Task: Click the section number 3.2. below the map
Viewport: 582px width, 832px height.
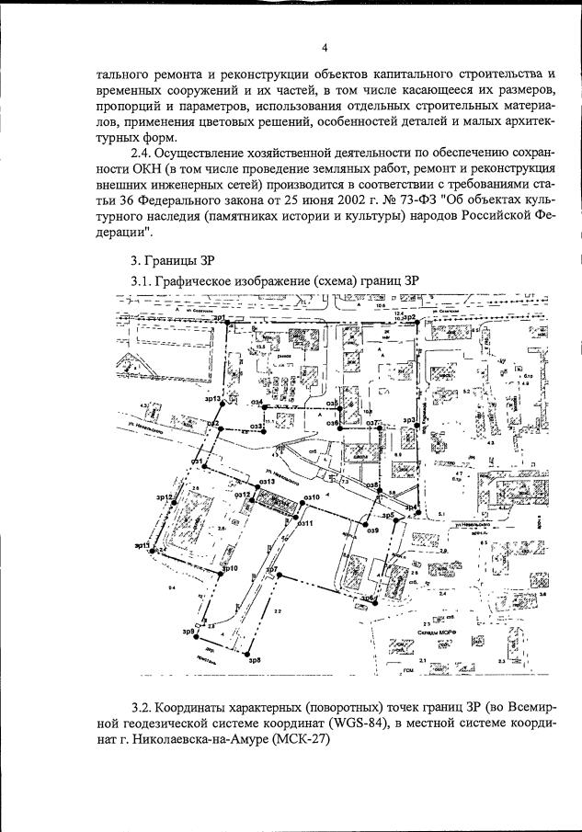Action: (x=147, y=706)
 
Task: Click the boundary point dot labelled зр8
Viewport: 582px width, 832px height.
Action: (x=248, y=653)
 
